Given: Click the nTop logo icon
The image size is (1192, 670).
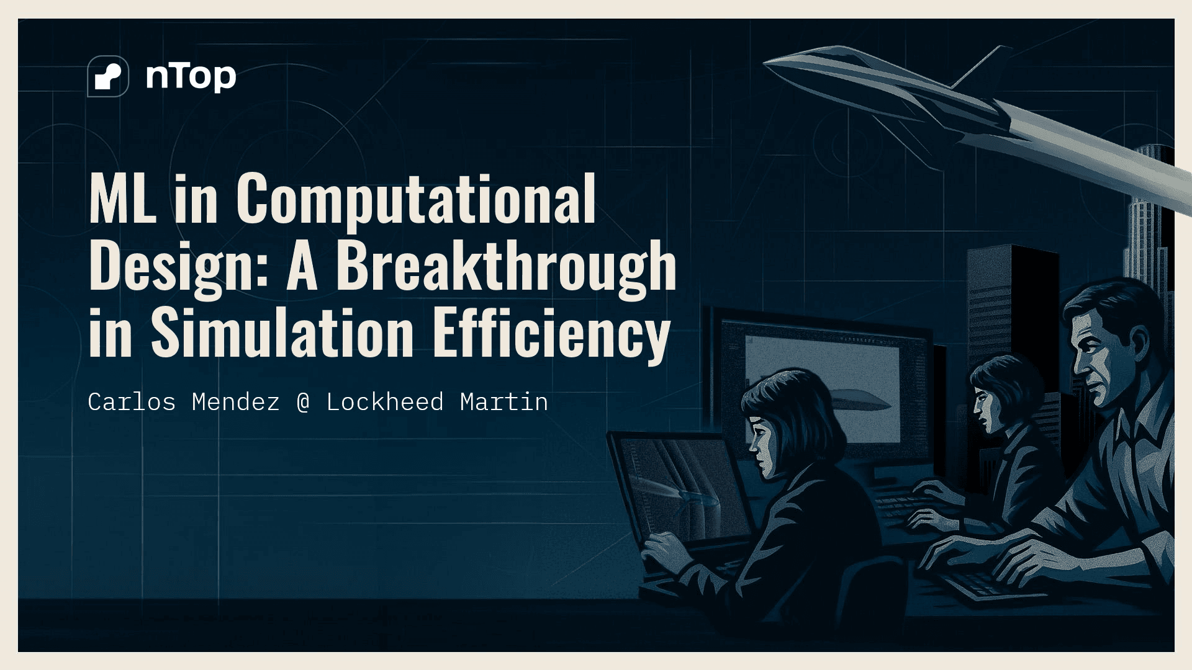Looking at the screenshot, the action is tap(108, 76).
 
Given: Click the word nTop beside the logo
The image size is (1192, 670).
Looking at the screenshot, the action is tap(191, 77).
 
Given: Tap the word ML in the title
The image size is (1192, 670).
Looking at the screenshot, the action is tap(123, 198).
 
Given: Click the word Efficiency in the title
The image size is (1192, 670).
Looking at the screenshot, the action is tap(551, 334).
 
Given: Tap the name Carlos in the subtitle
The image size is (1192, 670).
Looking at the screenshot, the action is tap(132, 402).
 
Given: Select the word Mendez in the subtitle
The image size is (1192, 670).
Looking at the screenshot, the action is tap(236, 402).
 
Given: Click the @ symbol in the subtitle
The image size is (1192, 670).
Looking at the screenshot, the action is tap(303, 403).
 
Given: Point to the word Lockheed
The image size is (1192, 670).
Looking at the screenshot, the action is tap(385, 402).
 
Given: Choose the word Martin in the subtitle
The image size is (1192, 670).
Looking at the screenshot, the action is tap(504, 402).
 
